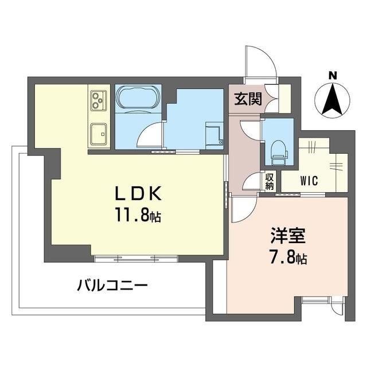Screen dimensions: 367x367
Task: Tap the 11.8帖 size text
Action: tap(138, 216)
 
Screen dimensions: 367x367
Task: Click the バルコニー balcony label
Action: tap(112, 285)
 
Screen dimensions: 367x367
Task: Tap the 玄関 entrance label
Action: tap(248, 99)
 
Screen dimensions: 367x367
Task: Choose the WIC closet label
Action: tap(309, 180)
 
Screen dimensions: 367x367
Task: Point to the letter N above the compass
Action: tap(333, 75)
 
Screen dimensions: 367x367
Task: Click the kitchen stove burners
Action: tap(99, 101)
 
